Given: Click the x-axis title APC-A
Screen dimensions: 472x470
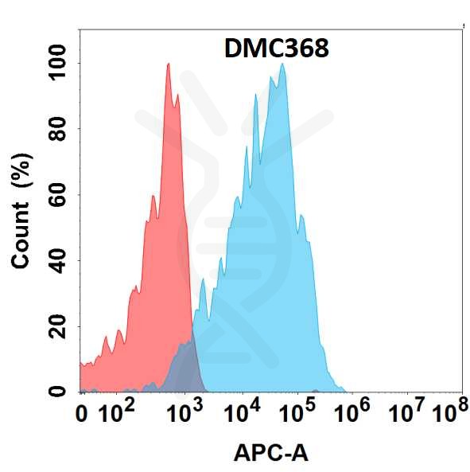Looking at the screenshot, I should click(x=270, y=454).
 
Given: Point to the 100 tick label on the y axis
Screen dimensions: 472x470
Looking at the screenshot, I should click(x=57, y=63).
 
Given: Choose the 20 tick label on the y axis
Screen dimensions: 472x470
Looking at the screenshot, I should click(x=57, y=326).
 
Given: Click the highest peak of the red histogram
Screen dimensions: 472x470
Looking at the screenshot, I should click(x=168, y=65).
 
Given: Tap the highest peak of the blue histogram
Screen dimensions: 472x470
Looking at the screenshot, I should click(x=282, y=65).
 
